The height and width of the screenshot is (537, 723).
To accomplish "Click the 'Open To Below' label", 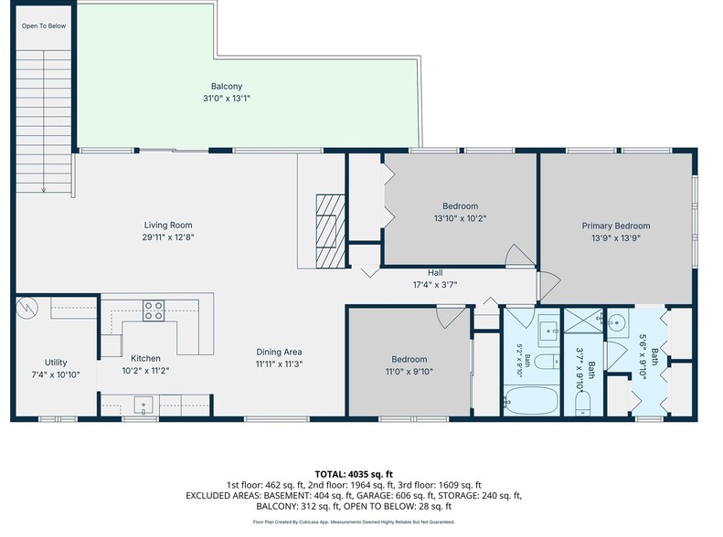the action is (44, 26).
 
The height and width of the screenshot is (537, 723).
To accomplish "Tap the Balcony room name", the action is (227, 86).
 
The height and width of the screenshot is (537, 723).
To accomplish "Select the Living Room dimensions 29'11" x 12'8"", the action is (168, 237).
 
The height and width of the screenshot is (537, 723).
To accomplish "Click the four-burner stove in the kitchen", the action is (153, 311).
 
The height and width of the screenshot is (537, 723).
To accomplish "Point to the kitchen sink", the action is (144, 405).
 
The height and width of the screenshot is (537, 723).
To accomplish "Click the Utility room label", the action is (56, 363).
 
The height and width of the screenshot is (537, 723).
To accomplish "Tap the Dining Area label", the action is (280, 352).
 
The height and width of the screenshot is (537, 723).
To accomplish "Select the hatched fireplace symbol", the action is (331, 231).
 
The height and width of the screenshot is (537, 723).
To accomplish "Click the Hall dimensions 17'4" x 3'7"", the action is (435, 285).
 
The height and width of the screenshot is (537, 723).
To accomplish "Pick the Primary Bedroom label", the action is (616, 226).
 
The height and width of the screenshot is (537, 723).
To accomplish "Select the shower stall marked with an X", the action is (583, 321).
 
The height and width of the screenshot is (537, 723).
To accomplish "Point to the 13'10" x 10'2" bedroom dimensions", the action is (460, 218).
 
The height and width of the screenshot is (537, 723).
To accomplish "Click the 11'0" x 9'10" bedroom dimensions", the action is (409, 372).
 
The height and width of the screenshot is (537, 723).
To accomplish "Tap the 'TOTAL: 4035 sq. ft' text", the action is (354, 474).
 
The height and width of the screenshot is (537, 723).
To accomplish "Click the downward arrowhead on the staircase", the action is (44, 189).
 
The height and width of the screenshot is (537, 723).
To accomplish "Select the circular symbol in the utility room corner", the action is (27, 308).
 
